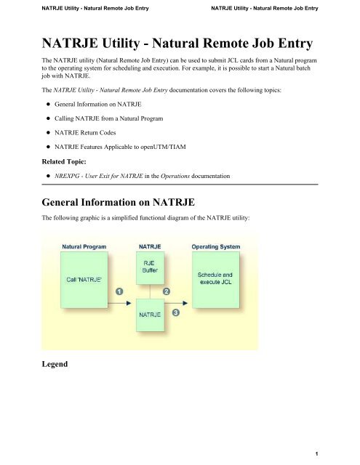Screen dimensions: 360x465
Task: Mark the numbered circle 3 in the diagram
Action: pos(175,312)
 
